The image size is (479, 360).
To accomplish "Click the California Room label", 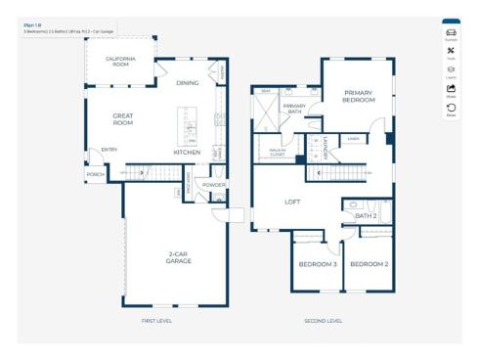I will (x=120, y=61).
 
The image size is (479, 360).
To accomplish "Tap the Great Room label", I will (x=122, y=119).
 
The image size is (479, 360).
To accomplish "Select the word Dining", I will (x=188, y=83).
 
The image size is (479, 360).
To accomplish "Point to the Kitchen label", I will (x=187, y=153).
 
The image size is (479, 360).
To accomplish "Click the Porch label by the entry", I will (x=96, y=174).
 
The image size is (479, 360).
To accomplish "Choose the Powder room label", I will (x=214, y=184).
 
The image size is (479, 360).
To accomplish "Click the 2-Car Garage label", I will (x=178, y=258).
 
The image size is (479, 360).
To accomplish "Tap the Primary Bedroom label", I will (x=359, y=97).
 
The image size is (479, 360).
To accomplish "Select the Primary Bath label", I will (x=294, y=109).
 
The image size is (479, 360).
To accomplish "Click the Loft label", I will (x=292, y=202).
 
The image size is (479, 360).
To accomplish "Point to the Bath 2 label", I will (x=366, y=215).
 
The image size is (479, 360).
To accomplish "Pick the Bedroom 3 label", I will (x=318, y=264).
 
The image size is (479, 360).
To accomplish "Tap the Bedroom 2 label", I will (x=370, y=264).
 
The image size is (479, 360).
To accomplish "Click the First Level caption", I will (x=156, y=321).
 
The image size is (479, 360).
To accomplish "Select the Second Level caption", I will (x=323, y=321).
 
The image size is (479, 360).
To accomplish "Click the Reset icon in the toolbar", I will (x=451, y=109).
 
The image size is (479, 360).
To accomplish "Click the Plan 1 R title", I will (x=32, y=24).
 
